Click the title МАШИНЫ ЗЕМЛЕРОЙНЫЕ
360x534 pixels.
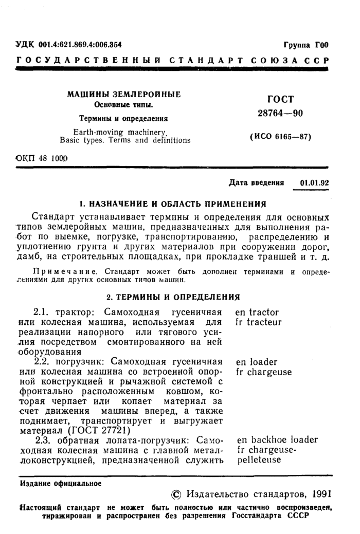point(124,95)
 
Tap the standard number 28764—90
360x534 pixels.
point(280,116)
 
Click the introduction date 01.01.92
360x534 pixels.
point(314,183)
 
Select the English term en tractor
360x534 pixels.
point(257,312)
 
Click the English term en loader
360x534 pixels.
point(256,362)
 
